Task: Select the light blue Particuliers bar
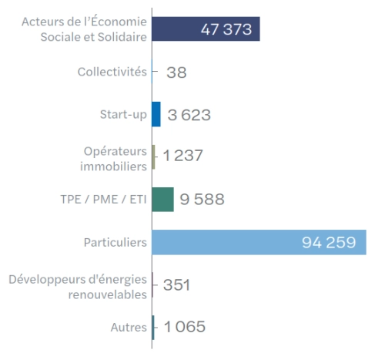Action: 231,242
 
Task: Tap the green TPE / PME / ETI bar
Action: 162,199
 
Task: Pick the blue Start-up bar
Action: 156,114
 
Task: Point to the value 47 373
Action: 227,29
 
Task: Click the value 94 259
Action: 329,242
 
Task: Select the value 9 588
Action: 202,200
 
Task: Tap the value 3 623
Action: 189,115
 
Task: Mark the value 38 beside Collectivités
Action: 176,72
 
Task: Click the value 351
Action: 176,285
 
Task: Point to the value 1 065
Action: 184,327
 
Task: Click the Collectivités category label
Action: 112,72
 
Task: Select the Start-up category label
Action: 123,114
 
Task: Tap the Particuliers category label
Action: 115,242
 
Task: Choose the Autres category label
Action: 129,327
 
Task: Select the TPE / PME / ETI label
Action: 103,200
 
